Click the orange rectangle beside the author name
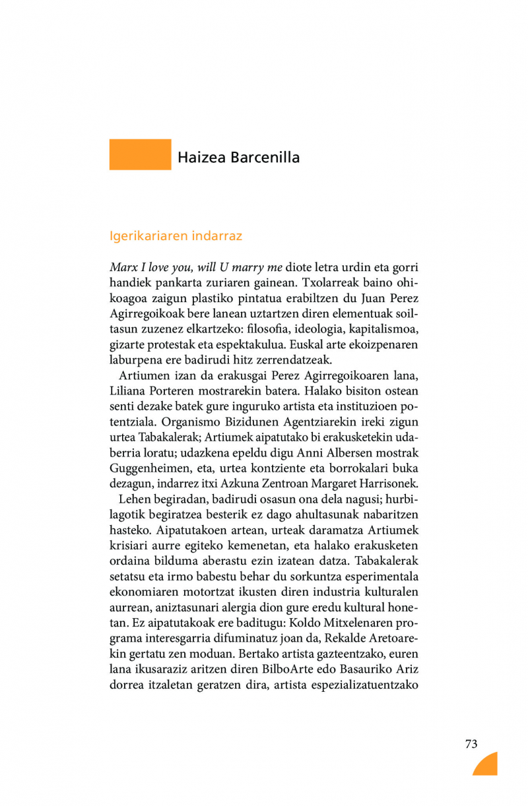[x=140, y=154]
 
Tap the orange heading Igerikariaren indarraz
[x=176, y=235]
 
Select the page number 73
[x=471, y=744]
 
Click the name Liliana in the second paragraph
[x=130, y=390]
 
